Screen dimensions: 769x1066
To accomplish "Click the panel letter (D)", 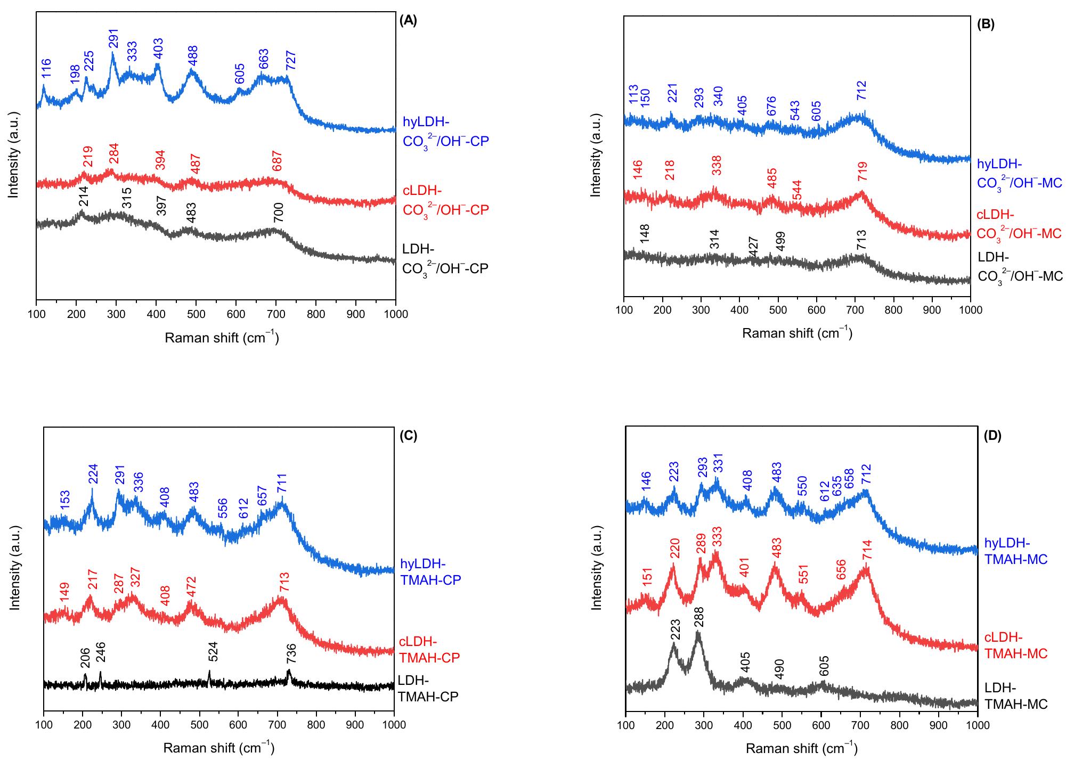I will (992, 436).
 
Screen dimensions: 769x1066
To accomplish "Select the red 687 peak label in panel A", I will (276, 160).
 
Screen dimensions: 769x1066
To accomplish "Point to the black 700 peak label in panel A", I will (278, 212).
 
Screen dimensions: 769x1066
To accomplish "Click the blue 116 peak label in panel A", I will (47, 78).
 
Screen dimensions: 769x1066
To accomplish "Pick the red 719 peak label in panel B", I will (862, 171).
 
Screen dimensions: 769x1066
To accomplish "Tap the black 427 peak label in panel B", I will (753, 247).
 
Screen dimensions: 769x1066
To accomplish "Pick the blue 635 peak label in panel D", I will (837, 486).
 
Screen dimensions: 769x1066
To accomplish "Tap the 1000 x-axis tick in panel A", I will (395, 314).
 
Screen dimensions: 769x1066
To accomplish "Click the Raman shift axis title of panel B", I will (797, 334).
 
